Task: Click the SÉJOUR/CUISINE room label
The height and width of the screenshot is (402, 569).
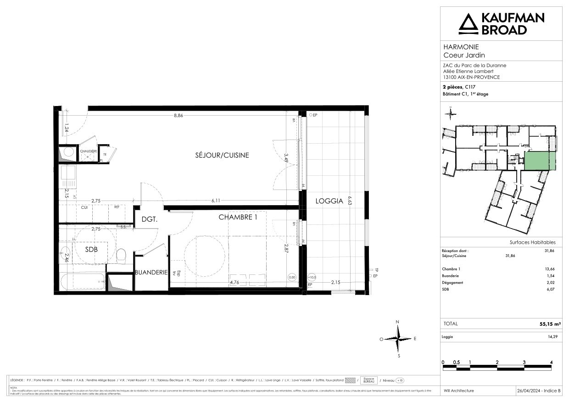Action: (222, 155)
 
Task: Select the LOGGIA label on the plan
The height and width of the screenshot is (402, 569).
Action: (329, 201)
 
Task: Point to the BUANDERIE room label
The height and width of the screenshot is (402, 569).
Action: (151, 272)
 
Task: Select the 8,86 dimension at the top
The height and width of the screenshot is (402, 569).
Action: (178, 116)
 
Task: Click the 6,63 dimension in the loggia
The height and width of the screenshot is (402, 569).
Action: (350, 201)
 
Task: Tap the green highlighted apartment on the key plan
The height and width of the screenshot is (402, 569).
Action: (540, 162)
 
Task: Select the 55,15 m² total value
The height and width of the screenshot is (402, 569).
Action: (551, 324)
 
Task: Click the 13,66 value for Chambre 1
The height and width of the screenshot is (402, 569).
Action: (549, 269)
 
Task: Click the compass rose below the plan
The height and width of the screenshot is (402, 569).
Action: (398, 339)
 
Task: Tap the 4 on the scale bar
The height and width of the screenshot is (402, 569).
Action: (551, 362)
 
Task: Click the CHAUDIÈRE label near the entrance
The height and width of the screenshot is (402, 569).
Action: (88, 151)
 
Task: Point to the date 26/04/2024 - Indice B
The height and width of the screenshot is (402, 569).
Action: (539, 391)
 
